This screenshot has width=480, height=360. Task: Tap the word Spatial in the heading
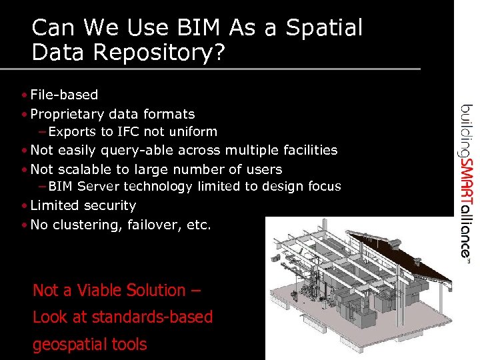click(x=324, y=28)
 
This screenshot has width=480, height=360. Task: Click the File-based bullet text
click(x=64, y=95)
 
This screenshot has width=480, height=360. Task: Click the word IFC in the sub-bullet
click(x=128, y=132)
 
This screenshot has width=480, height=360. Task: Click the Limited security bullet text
click(x=83, y=206)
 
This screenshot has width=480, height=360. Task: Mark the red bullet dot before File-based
click(x=24, y=95)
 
